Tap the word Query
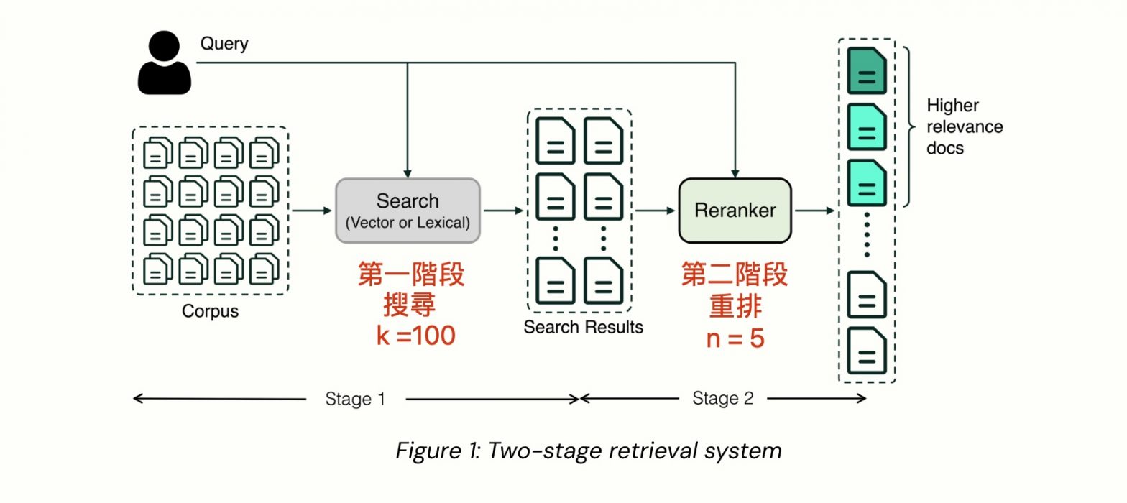click(224, 43)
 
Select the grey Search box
click(408, 211)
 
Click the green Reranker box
click(735, 211)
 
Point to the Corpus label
click(210, 312)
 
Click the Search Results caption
click(583, 328)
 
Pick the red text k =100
click(416, 336)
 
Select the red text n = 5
click(735, 337)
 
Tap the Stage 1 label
click(355, 399)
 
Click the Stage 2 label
click(723, 399)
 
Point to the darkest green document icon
click(867, 70)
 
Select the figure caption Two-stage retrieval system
click(588, 451)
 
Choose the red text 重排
click(735, 307)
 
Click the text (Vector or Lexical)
click(408, 223)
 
